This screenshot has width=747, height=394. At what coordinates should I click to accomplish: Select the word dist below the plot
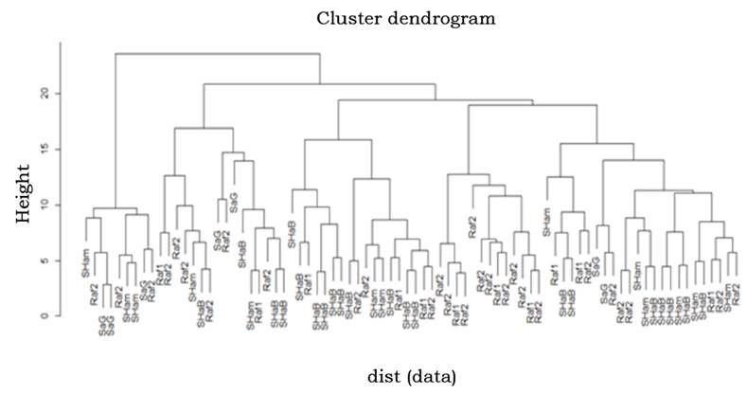pyautogui.click(x=384, y=376)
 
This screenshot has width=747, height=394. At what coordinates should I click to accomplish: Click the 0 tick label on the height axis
pyautogui.click(x=44, y=315)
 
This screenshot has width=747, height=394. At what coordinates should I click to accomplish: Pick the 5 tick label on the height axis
pyautogui.click(x=44, y=260)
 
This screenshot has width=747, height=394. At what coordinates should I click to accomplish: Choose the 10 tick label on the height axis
pyautogui.click(x=44, y=205)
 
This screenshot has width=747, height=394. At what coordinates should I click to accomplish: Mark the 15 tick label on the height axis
pyautogui.click(x=44, y=150)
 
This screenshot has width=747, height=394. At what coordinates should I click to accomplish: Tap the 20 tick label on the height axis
pyautogui.click(x=44, y=94)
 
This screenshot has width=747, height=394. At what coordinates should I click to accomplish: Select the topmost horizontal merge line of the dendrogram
pyautogui.click(x=218, y=54)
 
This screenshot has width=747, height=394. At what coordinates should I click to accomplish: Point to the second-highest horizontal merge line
pyautogui.click(x=319, y=84)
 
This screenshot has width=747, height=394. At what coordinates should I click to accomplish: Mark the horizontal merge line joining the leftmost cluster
pyautogui.click(x=115, y=208)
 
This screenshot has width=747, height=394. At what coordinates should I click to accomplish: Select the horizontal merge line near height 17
pyautogui.click(x=204, y=128)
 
